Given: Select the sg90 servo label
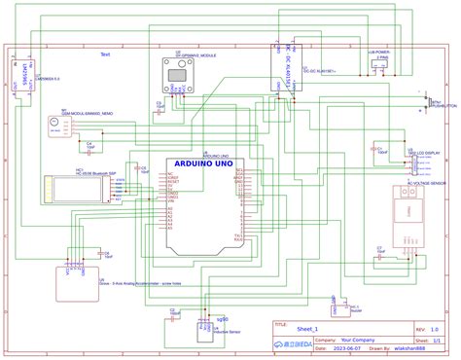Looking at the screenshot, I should [x=222, y=319].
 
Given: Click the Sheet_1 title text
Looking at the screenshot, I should [x=309, y=330].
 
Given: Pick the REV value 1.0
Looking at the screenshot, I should [x=434, y=330].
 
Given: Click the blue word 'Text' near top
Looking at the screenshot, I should [x=105, y=54].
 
